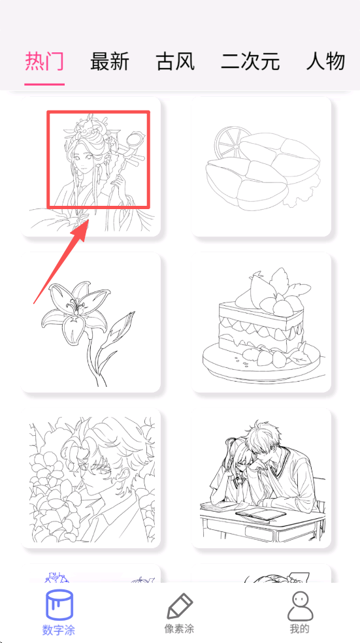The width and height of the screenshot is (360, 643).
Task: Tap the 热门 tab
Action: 44,61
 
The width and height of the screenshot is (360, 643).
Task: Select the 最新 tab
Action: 110,61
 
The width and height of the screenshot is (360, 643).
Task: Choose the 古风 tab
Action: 175,61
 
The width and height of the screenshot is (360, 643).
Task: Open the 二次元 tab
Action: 250,61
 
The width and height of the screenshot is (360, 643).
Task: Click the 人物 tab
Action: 325,61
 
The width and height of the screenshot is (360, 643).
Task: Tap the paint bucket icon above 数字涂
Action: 59,605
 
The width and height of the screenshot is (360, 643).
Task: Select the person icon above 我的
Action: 300,606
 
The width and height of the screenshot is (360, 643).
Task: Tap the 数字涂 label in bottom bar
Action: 59,629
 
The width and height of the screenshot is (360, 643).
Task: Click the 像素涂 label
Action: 179,628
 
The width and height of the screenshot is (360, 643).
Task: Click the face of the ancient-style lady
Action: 83,162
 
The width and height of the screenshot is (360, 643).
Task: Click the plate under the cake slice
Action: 263,361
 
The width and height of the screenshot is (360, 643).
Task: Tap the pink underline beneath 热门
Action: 44,84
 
